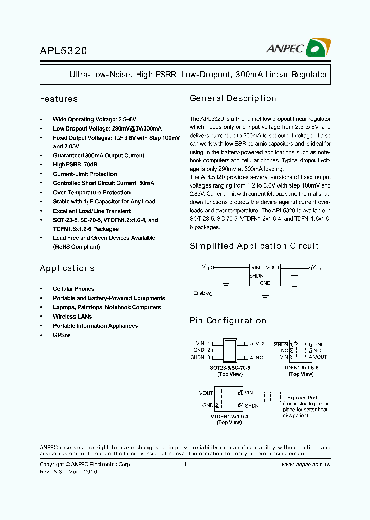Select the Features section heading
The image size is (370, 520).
59,99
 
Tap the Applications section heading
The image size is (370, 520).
67,268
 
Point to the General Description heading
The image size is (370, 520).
233,98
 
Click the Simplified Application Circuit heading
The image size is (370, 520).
254,246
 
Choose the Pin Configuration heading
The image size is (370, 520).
228,321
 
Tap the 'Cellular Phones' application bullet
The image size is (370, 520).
73,289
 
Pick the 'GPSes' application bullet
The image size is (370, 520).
62,335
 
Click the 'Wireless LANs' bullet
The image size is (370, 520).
72,317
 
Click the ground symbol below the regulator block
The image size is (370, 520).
265,295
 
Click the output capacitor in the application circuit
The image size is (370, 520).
294,278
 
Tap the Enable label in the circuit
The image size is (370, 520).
201,293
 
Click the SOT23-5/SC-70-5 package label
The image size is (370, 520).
230,368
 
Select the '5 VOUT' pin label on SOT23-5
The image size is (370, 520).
260,344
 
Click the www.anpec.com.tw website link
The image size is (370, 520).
306,465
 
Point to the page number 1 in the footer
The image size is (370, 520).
184,465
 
